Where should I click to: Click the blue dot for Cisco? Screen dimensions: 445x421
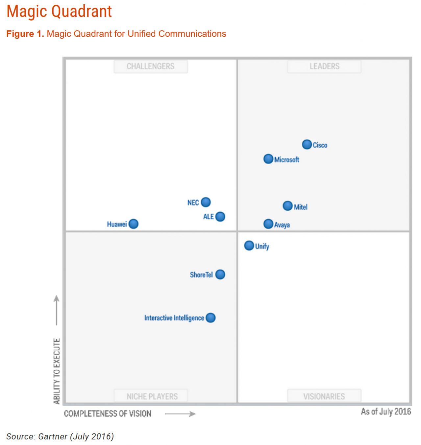point(307,144)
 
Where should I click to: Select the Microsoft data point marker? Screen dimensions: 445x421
point(268,159)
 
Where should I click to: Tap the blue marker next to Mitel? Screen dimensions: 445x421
point(287,206)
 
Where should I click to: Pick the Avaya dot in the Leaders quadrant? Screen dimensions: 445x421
point(268,224)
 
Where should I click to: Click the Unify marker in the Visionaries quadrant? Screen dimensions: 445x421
point(249,246)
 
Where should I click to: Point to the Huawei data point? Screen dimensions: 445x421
point(134,224)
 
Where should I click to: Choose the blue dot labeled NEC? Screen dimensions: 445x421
point(206,202)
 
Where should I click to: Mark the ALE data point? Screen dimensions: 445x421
point(220,217)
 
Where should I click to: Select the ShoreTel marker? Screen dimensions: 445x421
point(220,274)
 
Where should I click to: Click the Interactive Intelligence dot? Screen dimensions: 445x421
point(210,318)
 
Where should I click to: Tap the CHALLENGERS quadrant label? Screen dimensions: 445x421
point(151,66)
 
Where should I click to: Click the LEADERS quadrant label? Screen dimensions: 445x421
point(324,66)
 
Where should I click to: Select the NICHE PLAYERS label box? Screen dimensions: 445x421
point(152,396)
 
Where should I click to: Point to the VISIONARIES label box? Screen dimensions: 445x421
point(324,396)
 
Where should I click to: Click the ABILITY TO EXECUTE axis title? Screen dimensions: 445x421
point(57,371)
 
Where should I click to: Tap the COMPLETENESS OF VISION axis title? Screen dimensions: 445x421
point(108,414)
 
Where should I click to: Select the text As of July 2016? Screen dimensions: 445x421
point(386,411)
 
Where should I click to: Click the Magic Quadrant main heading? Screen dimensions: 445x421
point(59,11)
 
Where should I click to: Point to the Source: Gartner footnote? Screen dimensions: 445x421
point(60,436)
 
